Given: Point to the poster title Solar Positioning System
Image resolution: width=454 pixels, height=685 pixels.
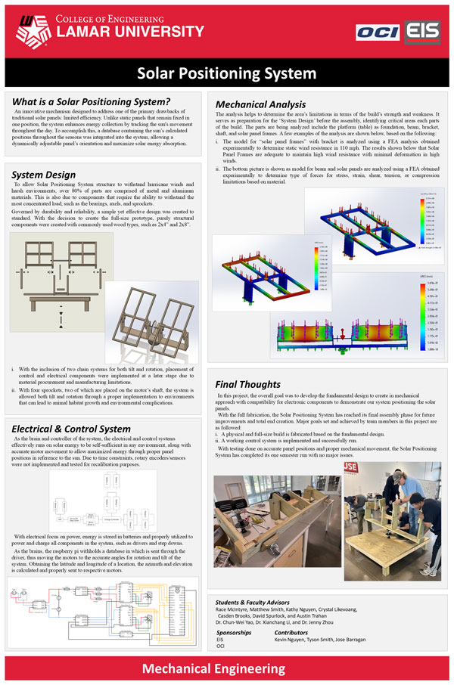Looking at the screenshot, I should point(226,73).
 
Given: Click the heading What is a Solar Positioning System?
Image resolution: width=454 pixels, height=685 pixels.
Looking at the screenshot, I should point(91,102).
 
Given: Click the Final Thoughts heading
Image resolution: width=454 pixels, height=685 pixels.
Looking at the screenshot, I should point(248,383).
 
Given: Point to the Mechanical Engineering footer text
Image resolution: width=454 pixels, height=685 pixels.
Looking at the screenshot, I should point(226,669).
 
